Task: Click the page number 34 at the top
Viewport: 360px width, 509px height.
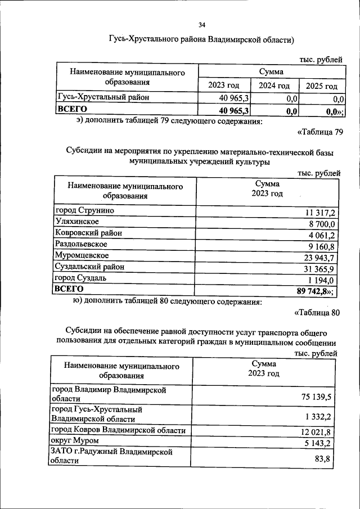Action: pos(202,25)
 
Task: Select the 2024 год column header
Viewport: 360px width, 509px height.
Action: pos(274,85)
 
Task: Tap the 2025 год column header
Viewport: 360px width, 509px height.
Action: pos(321,86)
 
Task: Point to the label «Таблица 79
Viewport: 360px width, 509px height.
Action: pos(319,132)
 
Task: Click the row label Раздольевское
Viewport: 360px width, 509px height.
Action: pos(81,244)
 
